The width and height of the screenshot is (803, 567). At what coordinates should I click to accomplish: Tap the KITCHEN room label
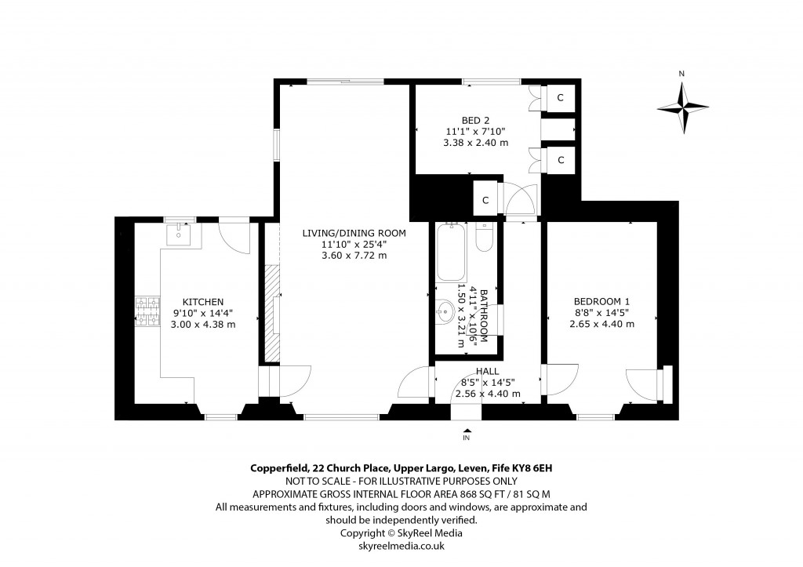point(203,302)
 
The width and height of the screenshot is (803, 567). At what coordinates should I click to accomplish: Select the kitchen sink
point(180,233)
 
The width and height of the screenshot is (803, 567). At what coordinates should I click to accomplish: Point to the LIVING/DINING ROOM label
point(354,233)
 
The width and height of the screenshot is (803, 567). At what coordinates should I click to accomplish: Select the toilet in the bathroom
point(483,237)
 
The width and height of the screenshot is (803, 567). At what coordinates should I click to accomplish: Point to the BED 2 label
point(474,119)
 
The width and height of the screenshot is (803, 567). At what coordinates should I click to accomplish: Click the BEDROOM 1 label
point(602,301)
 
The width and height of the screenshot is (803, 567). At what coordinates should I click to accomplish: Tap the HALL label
point(487,371)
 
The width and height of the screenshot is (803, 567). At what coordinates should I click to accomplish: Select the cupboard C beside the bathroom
point(485,200)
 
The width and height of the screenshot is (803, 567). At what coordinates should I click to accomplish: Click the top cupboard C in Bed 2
point(560,98)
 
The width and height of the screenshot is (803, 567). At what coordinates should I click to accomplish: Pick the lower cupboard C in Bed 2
point(560,160)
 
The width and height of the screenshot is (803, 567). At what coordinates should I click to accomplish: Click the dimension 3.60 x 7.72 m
point(354,256)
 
